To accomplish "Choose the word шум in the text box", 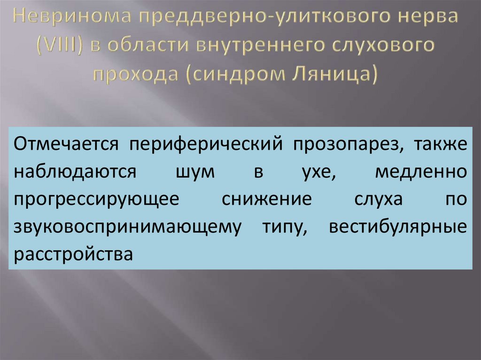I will pos(196,172).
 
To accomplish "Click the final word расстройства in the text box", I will pos(71,253).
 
